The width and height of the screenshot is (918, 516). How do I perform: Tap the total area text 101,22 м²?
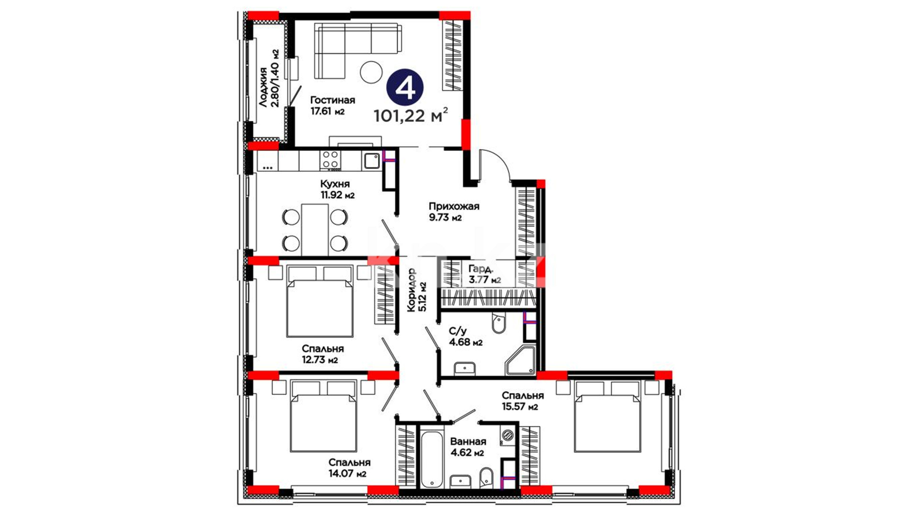[411, 115]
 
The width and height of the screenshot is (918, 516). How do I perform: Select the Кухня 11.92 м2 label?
[337, 189]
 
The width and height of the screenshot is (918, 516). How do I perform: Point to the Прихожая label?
[454, 206]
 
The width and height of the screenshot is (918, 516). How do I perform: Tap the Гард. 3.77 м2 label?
[484, 274]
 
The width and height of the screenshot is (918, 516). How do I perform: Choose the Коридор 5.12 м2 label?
[416, 290]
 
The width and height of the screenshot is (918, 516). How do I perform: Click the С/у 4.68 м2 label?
[465, 336]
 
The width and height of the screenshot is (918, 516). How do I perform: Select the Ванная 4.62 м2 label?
[468, 447]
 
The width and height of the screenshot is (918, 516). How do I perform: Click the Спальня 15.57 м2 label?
[522, 401]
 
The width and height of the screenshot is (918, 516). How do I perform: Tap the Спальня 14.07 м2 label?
[349, 468]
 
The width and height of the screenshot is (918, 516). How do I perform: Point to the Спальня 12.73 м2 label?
[322, 354]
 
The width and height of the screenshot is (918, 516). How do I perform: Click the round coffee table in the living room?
[371, 73]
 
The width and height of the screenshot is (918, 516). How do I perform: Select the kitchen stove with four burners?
[331, 161]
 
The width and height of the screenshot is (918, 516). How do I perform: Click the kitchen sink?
[372, 161]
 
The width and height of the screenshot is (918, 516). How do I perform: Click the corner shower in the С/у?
[520, 361]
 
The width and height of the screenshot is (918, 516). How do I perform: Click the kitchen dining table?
[315, 230]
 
